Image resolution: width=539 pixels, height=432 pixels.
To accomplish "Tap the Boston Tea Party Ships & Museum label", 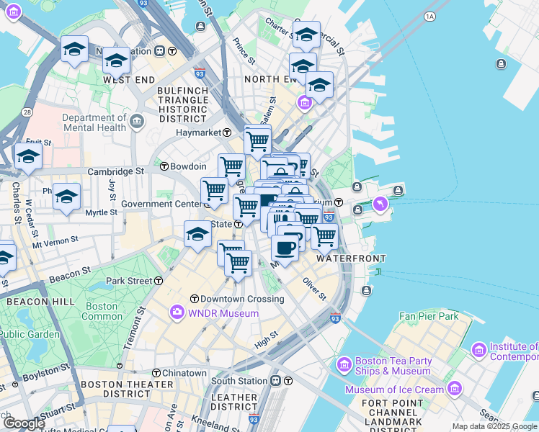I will click(x=393, y=366).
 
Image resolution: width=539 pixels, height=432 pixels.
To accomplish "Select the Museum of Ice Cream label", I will click(x=404, y=390).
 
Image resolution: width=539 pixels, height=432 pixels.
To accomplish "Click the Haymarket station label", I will click(x=199, y=132).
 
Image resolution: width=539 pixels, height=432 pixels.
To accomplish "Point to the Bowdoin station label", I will click(x=188, y=166).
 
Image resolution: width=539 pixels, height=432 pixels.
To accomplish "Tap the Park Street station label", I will click(x=129, y=280).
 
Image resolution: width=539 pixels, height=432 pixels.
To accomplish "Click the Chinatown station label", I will click(x=184, y=373).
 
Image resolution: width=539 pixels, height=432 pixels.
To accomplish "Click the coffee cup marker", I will click(x=285, y=248).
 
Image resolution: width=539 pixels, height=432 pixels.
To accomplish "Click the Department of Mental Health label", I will click(x=94, y=123).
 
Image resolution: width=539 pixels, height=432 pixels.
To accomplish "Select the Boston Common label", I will click(x=102, y=311).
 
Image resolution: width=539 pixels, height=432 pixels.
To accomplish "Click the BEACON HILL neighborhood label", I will click(x=27, y=302).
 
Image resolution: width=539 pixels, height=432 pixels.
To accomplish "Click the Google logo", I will click(x=24, y=423).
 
